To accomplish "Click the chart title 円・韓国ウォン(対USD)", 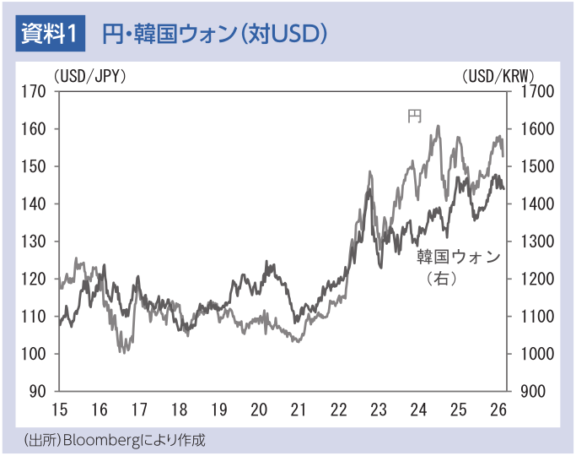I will tap(214, 34).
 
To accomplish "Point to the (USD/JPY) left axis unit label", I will tap(89, 76).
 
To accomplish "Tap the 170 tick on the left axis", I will tap(35, 91).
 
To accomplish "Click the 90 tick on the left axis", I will tap(40, 392).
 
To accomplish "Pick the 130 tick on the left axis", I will tap(35, 242).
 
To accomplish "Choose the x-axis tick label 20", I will tap(259, 410).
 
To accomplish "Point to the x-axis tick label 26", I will tap(498, 410).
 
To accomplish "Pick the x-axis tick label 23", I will tap(378, 410).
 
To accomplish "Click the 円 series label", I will tap(414, 116).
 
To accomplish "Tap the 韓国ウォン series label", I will tap(458, 257).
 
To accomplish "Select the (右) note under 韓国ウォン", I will tap(441, 278).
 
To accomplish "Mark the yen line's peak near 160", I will tap(439, 127).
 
